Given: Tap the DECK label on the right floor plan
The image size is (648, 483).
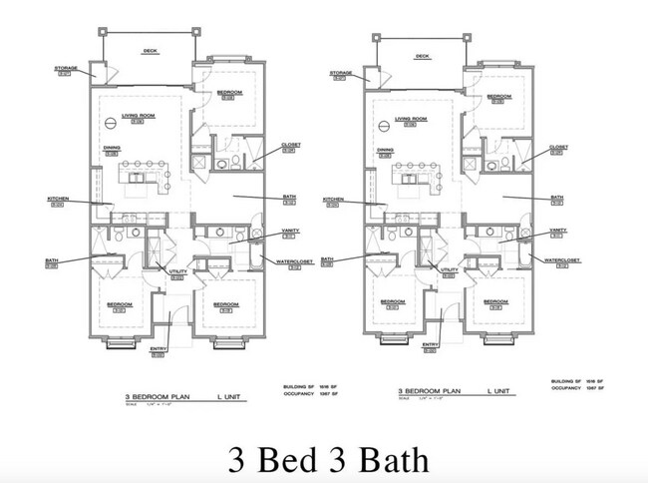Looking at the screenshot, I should click(422, 56).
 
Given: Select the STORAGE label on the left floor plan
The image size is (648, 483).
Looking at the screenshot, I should click(66, 69).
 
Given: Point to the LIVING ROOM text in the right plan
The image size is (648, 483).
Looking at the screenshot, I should click(410, 119).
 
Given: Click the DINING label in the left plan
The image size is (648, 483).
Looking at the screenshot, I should click(112, 148).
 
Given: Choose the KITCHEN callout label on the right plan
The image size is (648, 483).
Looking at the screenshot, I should click(332, 199).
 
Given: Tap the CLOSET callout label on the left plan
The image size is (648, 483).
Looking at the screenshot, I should click(290, 144).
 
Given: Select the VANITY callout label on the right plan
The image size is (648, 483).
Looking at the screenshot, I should click(557, 229).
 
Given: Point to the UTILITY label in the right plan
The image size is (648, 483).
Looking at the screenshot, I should click(449, 269).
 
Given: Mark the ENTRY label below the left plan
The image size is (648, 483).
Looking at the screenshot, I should click(158, 348).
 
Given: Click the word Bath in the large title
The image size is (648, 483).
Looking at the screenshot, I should click(384, 460).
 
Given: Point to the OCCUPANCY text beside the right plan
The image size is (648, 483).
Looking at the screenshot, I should click(565, 389).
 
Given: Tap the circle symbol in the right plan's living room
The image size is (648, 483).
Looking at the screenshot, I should click(383, 127).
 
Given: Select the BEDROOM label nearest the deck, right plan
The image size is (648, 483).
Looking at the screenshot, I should click(498, 96).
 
